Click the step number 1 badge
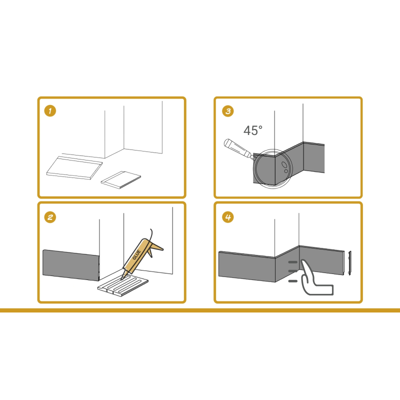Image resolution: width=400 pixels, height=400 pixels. coord(50,110)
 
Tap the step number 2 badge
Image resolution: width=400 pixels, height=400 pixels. coord(50,216)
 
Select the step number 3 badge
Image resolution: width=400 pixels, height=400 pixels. coord(227,110)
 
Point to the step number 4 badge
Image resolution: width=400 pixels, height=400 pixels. coord(227,216)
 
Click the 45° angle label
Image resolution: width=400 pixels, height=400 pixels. coord(252,131)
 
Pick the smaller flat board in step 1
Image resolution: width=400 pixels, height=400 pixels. coord(121,179)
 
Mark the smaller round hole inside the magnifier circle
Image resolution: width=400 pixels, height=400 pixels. coord(285,171)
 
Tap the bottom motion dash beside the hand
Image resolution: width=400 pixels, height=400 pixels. coord(293,281)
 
